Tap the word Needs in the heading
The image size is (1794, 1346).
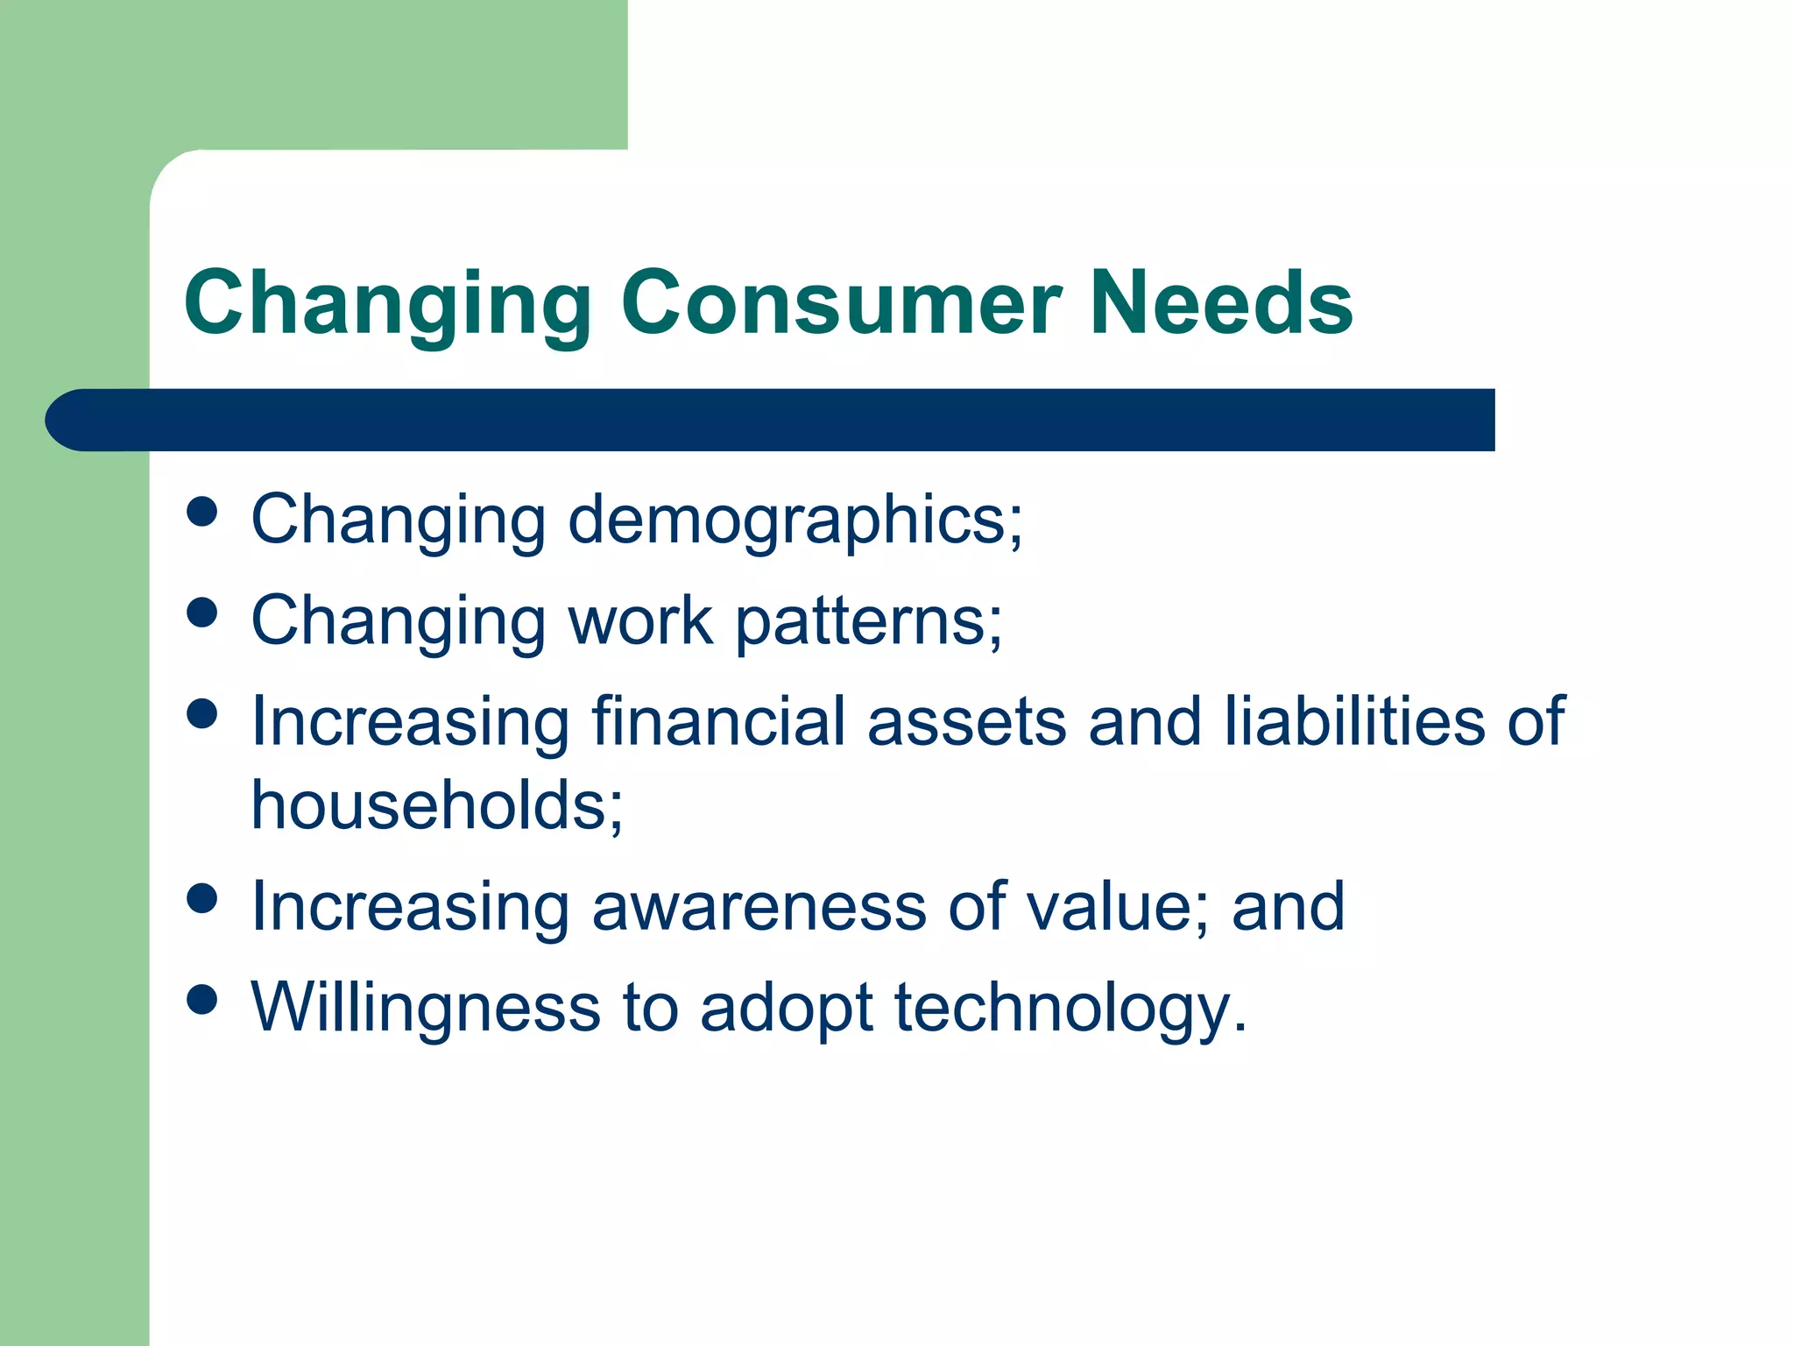point(1222,302)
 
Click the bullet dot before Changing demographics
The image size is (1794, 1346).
point(202,512)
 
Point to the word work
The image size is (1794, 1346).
point(640,620)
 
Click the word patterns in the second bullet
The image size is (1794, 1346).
point(867,620)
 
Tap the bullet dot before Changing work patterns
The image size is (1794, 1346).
point(202,613)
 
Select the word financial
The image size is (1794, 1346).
point(717,721)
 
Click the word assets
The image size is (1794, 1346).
point(966,721)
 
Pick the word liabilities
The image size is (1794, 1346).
point(1354,721)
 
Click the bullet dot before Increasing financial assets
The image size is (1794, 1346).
point(202,713)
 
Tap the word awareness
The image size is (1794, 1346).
point(759,906)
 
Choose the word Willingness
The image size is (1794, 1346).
point(426,1007)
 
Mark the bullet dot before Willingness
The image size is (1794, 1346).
point(202,999)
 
